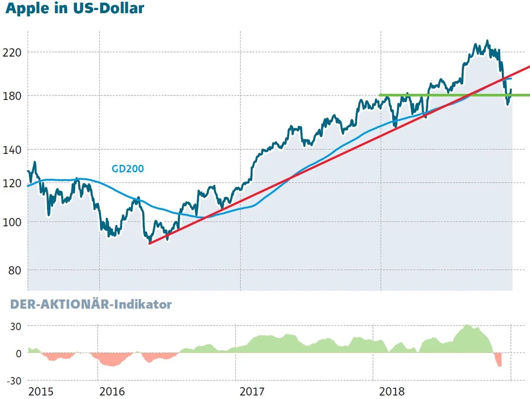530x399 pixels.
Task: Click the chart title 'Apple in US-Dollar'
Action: [75, 9]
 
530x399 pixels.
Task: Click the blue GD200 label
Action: [128, 169]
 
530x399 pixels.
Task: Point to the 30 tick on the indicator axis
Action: [14, 326]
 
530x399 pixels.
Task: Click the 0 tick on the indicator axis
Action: [17, 353]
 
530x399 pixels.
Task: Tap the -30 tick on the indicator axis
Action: [13, 380]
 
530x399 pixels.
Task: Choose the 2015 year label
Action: [41, 392]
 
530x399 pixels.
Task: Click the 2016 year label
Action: [112, 392]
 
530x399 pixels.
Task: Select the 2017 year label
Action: [253, 392]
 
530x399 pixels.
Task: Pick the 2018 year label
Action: [393, 392]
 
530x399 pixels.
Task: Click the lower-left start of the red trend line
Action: [150, 243]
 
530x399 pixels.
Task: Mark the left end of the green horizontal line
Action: [381, 95]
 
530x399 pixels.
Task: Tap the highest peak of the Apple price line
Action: [487, 41]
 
